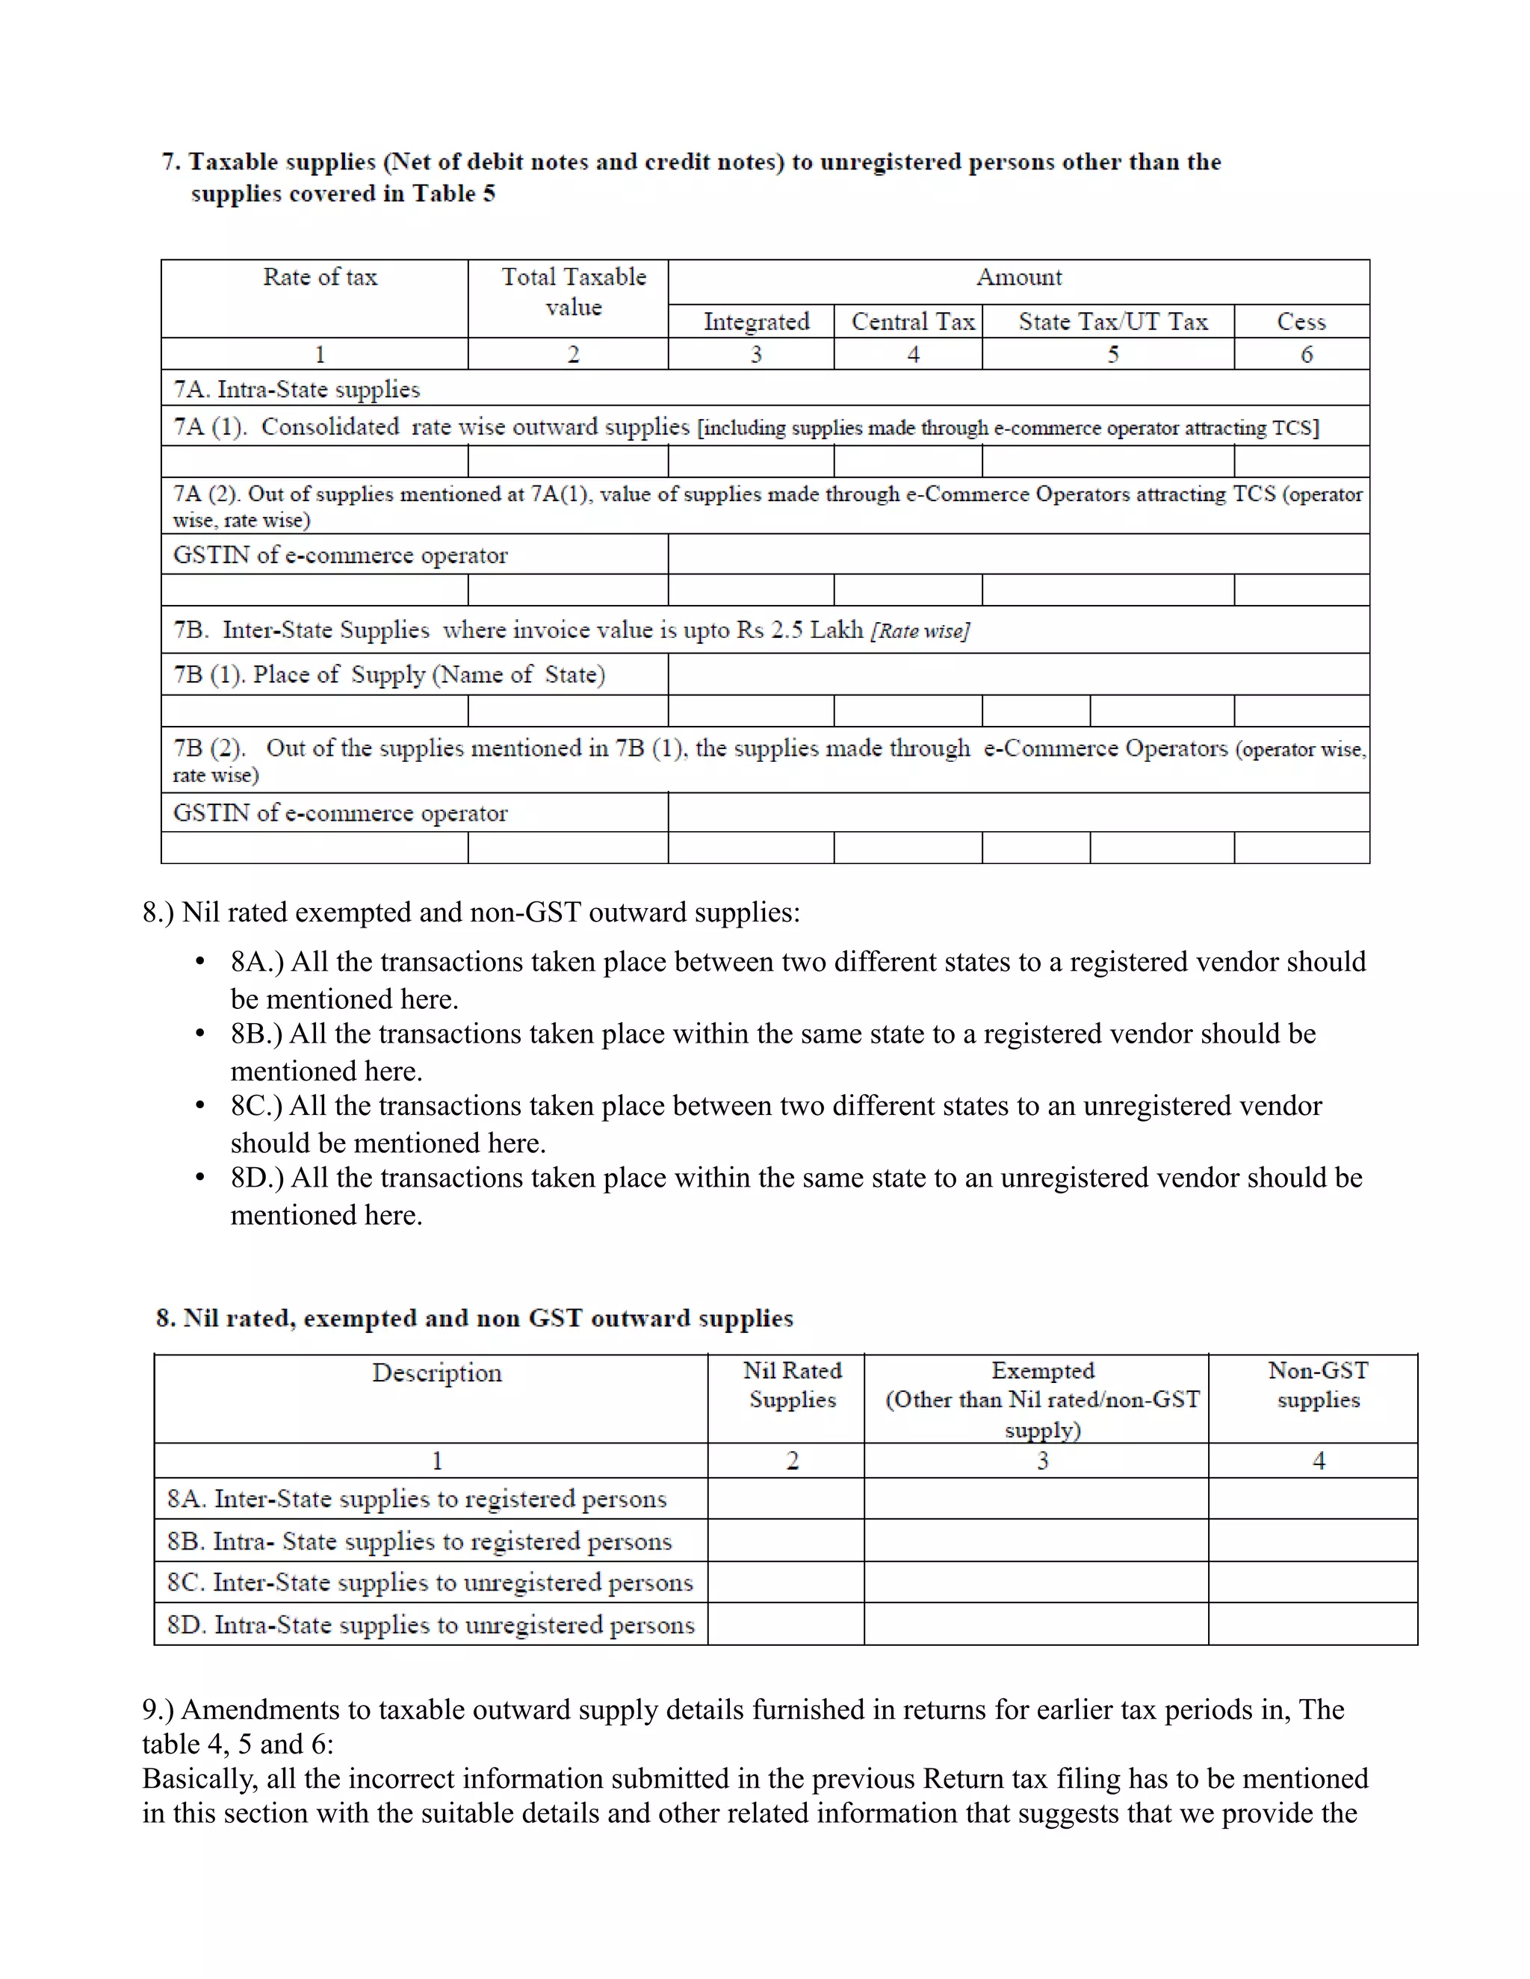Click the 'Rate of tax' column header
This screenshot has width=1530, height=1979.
[x=320, y=277]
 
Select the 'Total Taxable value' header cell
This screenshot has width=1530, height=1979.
[x=574, y=292]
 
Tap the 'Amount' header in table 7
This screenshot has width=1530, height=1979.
[x=1019, y=277]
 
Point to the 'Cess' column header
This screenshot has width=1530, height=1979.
[x=1301, y=322]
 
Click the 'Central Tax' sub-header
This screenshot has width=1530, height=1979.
[x=913, y=322]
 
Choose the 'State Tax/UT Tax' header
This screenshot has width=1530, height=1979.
[x=1112, y=322]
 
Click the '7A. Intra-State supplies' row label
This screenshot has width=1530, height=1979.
[x=297, y=390]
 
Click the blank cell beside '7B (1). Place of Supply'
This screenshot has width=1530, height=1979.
[x=1018, y=674]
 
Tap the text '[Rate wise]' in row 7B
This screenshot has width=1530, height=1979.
[x=920, y=632]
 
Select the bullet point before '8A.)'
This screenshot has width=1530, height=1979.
[x=200, y=963]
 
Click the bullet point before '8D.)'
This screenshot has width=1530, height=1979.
[x=200, y=1178]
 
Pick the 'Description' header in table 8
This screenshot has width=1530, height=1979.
[x=437, y=1373]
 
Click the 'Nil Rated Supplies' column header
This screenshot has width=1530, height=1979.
[x=792, y=1385]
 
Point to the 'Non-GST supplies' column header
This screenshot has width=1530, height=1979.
[x=1318, y=1385]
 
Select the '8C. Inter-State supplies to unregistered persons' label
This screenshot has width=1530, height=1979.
[x=430, y=1582]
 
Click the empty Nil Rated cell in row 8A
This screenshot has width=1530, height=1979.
[x=786, y=1499]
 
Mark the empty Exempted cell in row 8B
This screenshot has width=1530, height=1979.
[x=1035, y=1541]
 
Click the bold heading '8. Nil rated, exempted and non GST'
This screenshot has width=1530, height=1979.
[x=474, y=1318]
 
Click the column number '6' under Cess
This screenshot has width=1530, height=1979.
[x=1306, y=354]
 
